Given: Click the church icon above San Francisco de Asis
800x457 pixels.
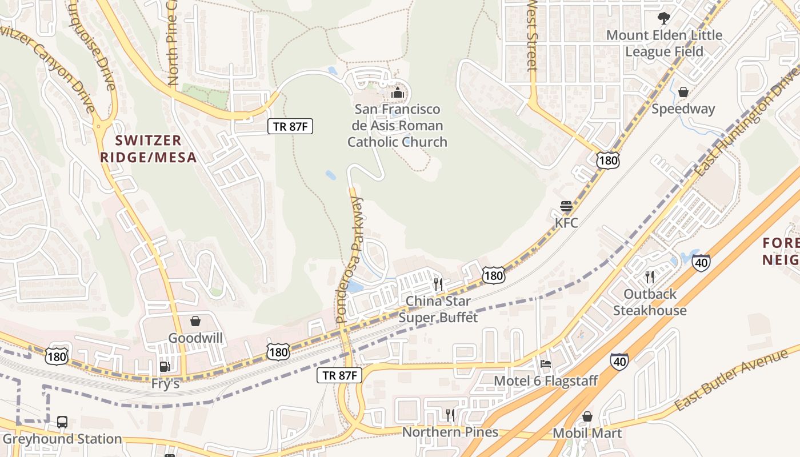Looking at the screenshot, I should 397,93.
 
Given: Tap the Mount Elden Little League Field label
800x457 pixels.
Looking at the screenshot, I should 664,43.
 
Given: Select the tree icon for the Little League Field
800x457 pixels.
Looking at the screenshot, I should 664,18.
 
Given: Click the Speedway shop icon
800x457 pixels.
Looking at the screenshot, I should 683,92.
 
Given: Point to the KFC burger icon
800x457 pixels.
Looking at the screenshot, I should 566,206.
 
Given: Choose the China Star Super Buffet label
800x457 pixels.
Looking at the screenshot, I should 438,309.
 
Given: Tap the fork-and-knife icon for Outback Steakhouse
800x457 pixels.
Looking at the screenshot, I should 649,277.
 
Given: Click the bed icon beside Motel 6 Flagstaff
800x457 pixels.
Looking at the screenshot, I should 546,363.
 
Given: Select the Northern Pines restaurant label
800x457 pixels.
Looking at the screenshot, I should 450,432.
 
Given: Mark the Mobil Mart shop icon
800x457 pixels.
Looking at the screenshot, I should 587,416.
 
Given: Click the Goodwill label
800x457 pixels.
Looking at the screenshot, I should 195,338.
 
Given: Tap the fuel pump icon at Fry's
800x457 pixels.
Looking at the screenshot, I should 165,367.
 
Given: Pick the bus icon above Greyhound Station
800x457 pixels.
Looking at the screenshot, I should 62,422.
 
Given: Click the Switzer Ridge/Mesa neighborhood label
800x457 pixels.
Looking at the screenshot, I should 148,149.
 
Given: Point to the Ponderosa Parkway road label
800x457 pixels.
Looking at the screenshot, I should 349,260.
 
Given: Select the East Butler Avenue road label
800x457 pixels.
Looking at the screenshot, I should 731,379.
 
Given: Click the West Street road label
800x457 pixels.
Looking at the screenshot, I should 532,34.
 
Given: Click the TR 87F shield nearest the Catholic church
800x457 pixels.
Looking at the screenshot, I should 290,126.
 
